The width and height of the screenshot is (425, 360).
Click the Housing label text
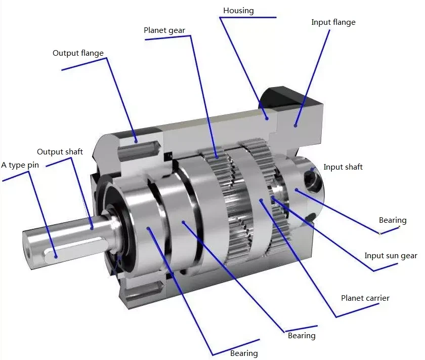(238, 10)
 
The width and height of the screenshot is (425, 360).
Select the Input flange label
(333, 22)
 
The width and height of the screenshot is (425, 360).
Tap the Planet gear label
(164, 30)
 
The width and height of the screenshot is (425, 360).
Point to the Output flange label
(78, 53)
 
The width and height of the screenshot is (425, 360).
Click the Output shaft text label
(60, 152)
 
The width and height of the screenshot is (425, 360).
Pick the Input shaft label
(343, 167)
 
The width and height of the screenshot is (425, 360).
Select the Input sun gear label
(391, 256)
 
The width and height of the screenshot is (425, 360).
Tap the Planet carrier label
(365, 298)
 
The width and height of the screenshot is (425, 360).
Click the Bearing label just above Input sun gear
(393, 220)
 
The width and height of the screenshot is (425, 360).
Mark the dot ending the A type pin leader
(56, 256)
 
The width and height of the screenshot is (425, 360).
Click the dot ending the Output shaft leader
(92, 227)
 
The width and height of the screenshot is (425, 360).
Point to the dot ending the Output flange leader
(135, 141)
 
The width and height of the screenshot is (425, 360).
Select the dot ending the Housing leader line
(267, 118)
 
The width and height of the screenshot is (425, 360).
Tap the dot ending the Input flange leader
(295, 124)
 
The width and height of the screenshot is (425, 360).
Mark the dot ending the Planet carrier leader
(261, 201)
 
